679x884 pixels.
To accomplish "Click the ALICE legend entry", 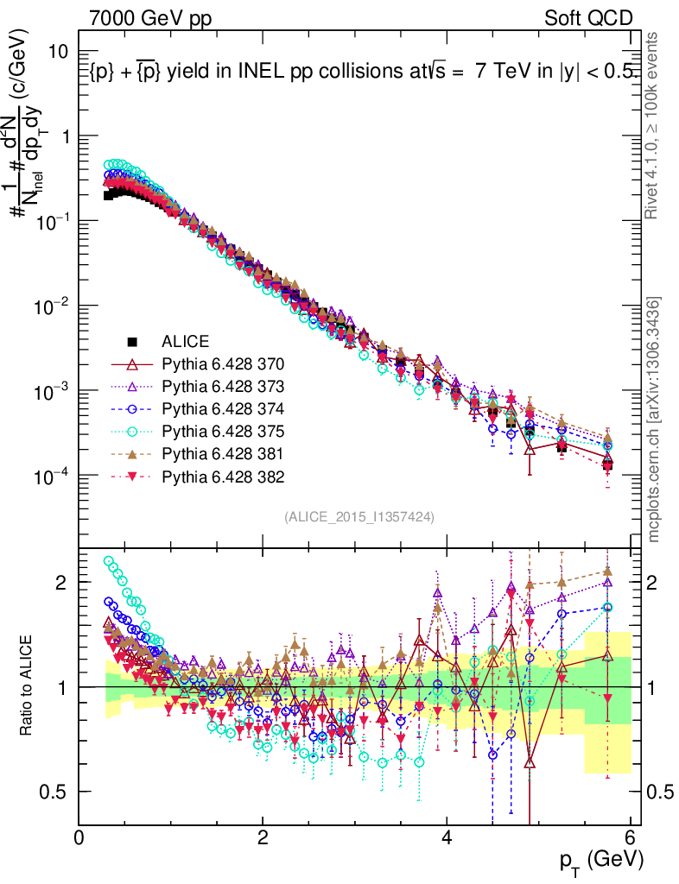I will pos(186,340).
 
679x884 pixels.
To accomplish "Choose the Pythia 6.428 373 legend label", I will pos(223,385).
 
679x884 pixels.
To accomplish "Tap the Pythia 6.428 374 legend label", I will pos(223,407).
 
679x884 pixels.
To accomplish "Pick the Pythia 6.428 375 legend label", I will pos(223,430).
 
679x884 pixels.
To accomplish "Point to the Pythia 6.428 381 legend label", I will pos(223,453).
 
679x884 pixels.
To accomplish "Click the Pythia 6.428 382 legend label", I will pos(223,476).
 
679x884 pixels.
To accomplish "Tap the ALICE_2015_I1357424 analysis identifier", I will pos(359,516).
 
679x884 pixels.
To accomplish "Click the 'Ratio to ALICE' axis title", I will pos(28,686).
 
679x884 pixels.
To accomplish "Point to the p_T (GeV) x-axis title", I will pos(601,860).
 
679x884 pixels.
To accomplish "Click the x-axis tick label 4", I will pos(447,837).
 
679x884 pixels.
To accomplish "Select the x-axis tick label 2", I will pos(263,837).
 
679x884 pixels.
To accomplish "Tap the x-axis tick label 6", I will pos(631,837).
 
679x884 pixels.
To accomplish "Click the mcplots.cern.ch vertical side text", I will pos(655,419).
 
